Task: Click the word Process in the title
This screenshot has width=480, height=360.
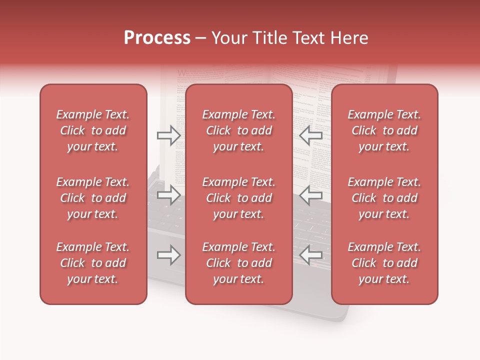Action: click(x=157, y=38)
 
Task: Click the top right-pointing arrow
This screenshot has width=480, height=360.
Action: click(x=168, y=135)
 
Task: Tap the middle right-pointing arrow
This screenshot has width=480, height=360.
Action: click(x=168, y=194)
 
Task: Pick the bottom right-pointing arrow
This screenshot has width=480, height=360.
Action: click(x=168, y=255)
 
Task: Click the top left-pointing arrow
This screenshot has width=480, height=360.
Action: click(x=311, y=135)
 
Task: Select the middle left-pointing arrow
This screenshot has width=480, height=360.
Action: click(x=311, y=194)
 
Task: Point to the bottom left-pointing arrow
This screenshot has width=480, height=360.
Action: click(x=311, y=255)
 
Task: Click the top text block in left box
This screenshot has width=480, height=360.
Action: click(x=93, y=130)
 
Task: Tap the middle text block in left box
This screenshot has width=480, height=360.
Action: click(x=93, y=198)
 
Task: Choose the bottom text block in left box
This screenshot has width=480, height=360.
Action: click(x=93, y=263)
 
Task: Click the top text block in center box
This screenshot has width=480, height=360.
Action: click(x=239, y=130)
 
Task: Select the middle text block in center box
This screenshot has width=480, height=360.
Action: click(x=239, y=198)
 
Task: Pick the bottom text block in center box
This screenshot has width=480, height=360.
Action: click(x=239, y=263)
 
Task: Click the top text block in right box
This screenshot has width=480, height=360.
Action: click(x=384, y=130)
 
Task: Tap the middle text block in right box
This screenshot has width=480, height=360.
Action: click(x=384, y=198)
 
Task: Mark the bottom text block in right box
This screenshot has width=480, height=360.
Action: click(x=384, y=263)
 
